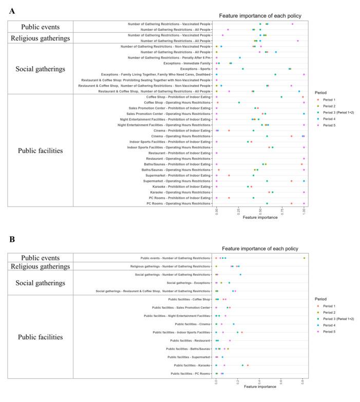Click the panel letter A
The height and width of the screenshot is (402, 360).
[11, 10]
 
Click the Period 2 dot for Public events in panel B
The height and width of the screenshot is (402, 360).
[304, 258]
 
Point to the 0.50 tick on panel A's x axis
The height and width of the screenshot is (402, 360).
[260, 211]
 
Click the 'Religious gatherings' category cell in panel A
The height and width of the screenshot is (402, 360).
[40, 37]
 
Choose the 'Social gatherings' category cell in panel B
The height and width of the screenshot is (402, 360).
[40, 283]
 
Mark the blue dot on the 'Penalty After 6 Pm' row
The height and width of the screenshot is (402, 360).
[240, 58]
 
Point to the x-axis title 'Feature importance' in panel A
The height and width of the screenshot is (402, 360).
[260, 217]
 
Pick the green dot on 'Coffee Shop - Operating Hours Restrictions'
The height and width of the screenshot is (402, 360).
[239, 102]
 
